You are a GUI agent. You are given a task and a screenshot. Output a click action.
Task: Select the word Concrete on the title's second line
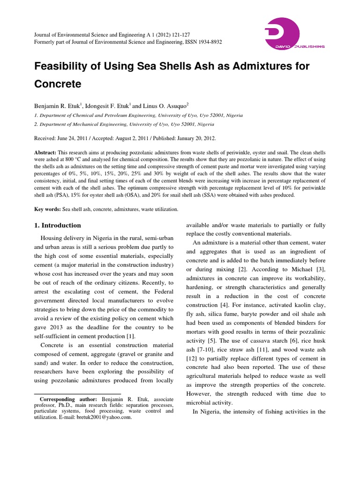[58, 84]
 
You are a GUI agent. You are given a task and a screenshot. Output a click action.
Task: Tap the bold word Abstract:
[45, 153]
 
